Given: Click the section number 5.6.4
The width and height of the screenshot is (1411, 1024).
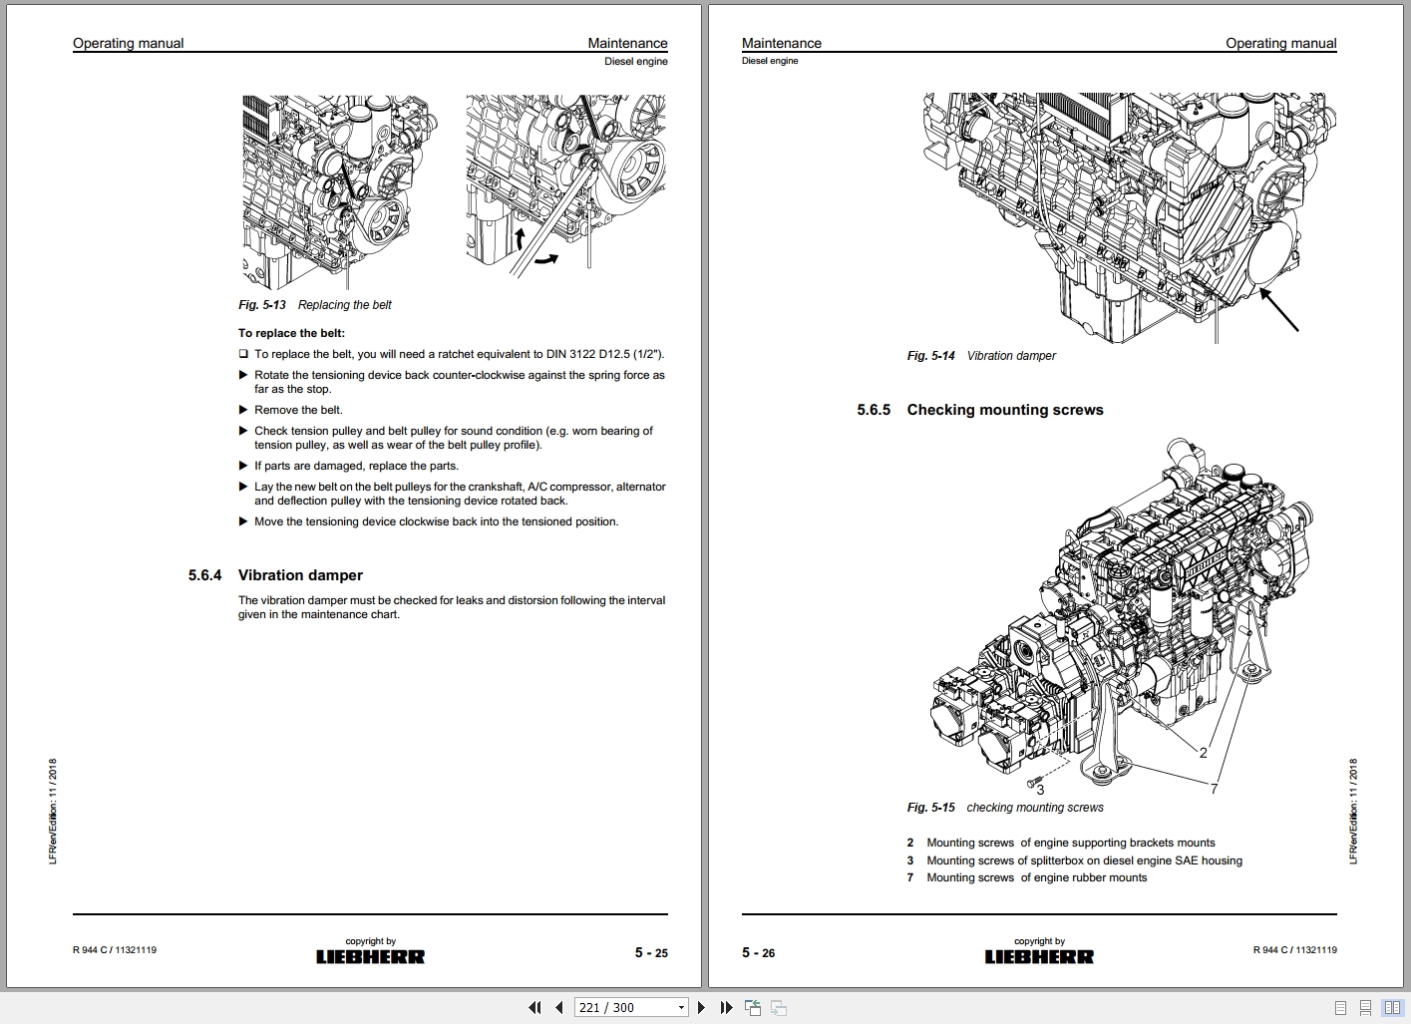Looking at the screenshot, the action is (x=204, y=575).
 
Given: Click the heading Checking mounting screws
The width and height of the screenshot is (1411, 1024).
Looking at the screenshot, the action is (x=1005, y=410).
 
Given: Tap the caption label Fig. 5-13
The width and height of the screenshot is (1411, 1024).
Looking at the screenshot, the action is (x=262, y=305).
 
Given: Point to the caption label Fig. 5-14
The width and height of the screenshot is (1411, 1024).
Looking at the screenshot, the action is (x=931, y=356).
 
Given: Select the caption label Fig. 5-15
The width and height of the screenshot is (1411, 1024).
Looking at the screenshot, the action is (x=931, y=808).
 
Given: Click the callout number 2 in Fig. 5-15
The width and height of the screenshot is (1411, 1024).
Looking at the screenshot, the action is (x=1204, y=753).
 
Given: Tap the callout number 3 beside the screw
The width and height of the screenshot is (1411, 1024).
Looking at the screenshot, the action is (x=1040, y=790).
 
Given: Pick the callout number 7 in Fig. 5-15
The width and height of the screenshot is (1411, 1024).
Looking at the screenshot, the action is (x=1214, y=789).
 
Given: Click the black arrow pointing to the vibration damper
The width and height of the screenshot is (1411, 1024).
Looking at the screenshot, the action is (x=1278, y=309).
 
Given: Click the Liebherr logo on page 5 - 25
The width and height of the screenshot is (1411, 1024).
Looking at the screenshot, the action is (x=370, y=956).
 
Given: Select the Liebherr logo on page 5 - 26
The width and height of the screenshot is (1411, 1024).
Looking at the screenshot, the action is (x=1039, y=956).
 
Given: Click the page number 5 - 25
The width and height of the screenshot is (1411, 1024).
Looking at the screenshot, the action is (x=651, y=953).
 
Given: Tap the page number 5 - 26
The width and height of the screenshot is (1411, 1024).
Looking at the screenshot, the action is (x=759, y=953).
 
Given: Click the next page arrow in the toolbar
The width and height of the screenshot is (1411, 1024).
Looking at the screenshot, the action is (x=701, y=1008).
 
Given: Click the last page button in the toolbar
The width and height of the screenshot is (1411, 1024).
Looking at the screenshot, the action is (x=726, y=1008).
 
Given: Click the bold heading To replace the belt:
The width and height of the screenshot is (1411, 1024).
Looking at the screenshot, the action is (x=291, y=333).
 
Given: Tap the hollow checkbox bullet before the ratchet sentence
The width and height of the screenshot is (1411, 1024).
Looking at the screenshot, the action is (x=243, y=353).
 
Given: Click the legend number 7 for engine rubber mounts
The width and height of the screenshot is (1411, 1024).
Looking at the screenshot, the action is (x=910, y=877).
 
